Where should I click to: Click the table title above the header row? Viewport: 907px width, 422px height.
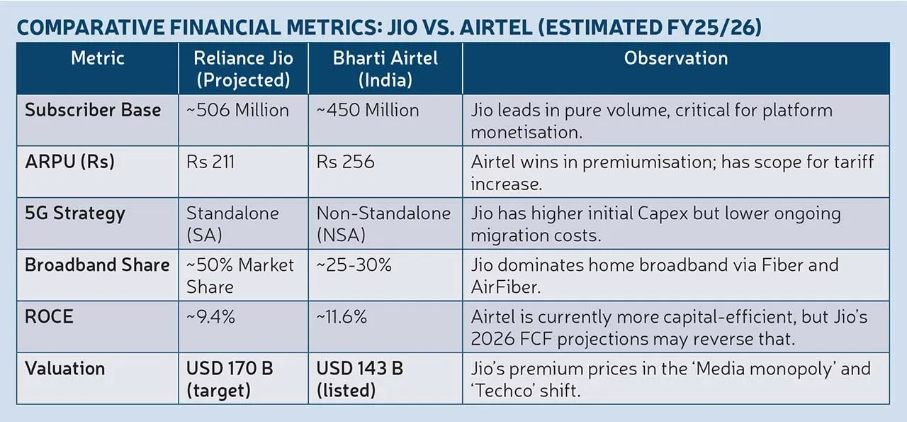[x=389, y=28]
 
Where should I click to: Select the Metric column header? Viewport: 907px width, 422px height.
[x=97, y=58]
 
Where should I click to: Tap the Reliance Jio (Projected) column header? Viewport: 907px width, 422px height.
[x=243, y=68]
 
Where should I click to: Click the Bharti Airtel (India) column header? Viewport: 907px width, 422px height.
[x=385, y=68]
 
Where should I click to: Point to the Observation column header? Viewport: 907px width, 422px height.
[x=675, y=58]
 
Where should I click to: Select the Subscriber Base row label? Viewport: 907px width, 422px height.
[x=93, y=111]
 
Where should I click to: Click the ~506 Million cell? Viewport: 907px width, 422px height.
[x=237, y=111]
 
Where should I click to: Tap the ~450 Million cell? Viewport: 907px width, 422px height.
[x=368, y=111]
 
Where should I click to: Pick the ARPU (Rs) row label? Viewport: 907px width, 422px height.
[x=69, y=162]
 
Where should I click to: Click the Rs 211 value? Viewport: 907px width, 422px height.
[x=210, y=162]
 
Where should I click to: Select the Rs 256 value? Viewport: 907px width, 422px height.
[x=345, y=162]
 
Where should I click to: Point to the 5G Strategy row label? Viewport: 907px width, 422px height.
[x=75, y=213]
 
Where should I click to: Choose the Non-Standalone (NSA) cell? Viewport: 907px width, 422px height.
[x=383, y=223]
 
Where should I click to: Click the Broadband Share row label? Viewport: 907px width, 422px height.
[x=97, y=265]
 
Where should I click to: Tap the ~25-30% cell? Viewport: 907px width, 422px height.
[x=354, y=265]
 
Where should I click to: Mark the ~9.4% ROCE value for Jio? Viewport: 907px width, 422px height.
[x=210, y=317]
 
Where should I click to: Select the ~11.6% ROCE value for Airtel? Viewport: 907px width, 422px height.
[x=342, y=317]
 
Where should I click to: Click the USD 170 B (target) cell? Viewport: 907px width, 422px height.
[x=230, y=379]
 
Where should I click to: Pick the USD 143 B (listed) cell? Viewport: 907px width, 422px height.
[x=360, y=379]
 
